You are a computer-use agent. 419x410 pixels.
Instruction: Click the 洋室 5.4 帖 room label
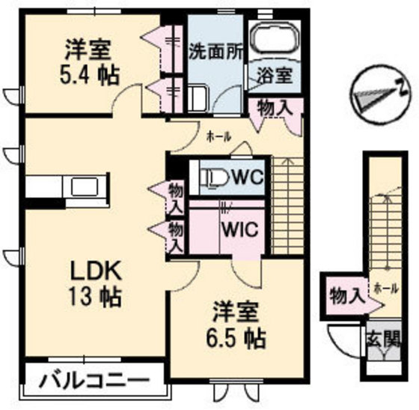[88, 62]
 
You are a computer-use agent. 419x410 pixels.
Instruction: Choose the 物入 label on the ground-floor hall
[345, 295]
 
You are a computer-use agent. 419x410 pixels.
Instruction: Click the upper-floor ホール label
[218, 136]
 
